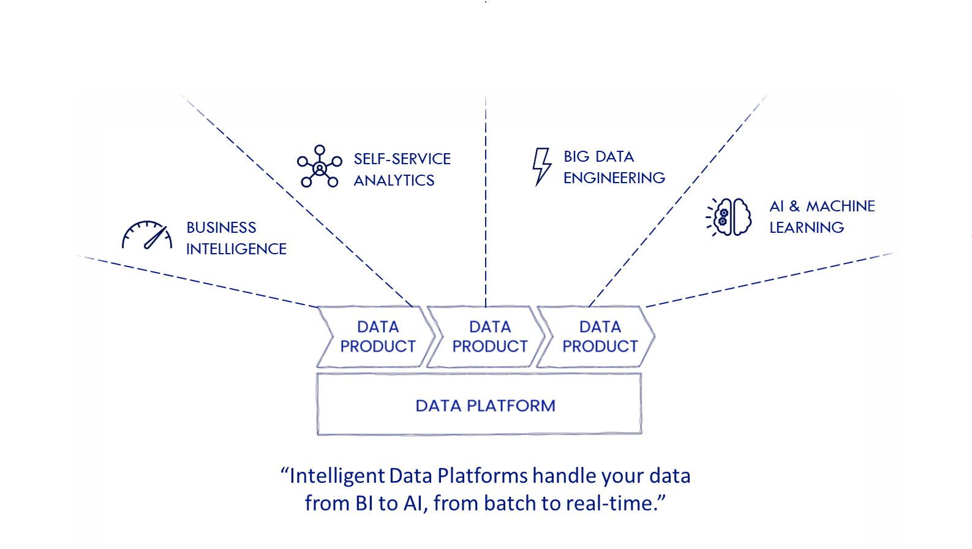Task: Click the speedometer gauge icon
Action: [x=147, y=235]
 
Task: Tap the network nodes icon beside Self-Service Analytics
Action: [x=318, y=166]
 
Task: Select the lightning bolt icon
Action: [x=541, y=166]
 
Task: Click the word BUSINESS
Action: [x=221, y=227]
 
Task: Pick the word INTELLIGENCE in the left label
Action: [x=236, y=249]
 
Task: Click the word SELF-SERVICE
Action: [x=402, y=159]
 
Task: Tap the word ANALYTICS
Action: [x=394, y=180]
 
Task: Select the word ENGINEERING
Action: [x=614, y=178]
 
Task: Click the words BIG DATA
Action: [x=598, y=156]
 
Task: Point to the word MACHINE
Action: [x=840, y=206]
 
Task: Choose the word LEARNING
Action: [x=806, y=227]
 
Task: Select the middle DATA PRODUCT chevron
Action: [x=488, y=336]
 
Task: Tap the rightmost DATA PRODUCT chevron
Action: [x=598, y=336]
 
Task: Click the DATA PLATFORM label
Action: [x=485, y=406]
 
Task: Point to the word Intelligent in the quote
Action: [x=337, y=476]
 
